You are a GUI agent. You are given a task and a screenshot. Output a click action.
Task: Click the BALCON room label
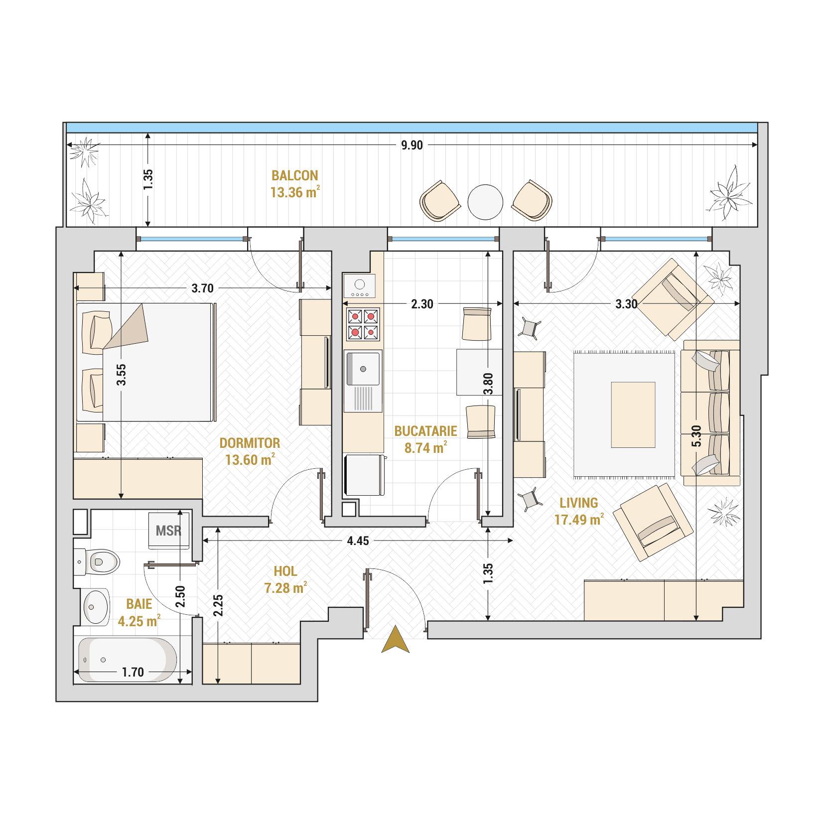point(294,175)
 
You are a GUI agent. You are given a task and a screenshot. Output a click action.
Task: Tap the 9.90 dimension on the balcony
point(412,145)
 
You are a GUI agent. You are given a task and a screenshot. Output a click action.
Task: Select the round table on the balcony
point(485,202)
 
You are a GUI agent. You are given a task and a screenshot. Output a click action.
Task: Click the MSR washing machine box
point(168,530)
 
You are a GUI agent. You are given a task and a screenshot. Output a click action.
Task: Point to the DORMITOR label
point(250,443)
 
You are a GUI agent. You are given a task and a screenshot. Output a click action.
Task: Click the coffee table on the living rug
point(633,415)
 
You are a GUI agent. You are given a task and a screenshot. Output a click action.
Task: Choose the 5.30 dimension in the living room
point(696,435)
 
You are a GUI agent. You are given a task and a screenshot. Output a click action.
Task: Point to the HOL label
point(285,571)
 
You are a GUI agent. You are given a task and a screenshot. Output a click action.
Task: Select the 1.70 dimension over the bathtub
point(133,673)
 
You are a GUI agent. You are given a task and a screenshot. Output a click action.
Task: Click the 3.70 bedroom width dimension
point(202,288)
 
